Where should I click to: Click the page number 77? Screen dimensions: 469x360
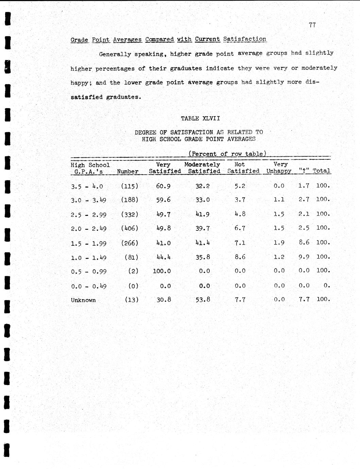pos(313,25)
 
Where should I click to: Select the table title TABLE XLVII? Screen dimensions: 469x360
pos(200,118)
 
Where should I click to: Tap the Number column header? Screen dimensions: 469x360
pos(127,172)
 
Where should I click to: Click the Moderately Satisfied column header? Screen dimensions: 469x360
pos(203,168)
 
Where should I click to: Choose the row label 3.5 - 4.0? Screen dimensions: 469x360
pos(87,186)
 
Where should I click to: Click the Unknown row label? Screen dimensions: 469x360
pos(83,300)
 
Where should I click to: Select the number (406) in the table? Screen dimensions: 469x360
pos(129,228)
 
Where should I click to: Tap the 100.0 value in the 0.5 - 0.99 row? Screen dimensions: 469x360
pos(161,271)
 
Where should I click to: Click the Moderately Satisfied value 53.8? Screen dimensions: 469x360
pos(203,300)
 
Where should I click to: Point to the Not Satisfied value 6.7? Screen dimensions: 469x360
pos(240,228)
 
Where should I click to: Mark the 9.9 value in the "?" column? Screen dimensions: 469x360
pos(304,257)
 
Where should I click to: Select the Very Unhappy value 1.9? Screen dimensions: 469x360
pos(279,243)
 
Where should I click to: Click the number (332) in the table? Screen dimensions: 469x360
pos(129,214)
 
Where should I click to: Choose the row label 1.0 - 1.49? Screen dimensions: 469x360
pos(89,258)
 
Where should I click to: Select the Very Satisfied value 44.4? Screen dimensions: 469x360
pos(163,257)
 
